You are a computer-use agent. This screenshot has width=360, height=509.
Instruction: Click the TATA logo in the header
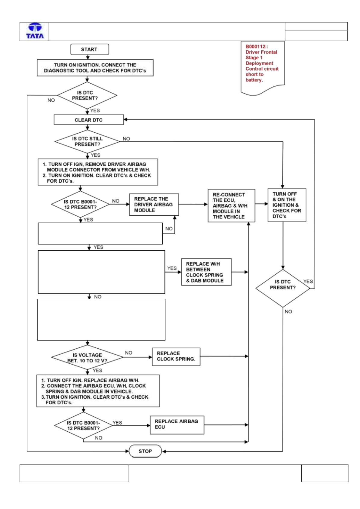[35, 31]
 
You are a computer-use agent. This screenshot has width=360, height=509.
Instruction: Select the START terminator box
[90, 49]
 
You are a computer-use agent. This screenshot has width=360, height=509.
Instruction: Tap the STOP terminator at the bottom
[145, 451]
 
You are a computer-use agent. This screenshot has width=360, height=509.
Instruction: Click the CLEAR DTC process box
[89, 120]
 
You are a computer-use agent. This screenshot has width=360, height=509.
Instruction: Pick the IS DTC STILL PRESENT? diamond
[87, 141]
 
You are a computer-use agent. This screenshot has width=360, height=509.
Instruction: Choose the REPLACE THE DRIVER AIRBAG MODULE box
[154, 205]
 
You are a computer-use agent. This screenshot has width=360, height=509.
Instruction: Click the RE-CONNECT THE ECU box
[231, 206]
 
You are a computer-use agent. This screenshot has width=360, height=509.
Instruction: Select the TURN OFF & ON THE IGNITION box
[287, 205]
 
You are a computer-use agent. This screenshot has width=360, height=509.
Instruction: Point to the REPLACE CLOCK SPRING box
[176, 356]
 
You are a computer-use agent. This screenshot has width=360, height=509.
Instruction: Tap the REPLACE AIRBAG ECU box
[177, 425]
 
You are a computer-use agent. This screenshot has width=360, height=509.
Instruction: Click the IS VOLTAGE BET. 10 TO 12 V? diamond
[87, 357]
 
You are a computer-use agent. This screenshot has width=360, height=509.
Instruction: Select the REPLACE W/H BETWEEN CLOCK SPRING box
[206, 272]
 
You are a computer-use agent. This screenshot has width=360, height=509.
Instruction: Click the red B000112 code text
[257, 47]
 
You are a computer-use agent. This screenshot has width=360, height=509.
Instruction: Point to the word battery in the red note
[254, 80]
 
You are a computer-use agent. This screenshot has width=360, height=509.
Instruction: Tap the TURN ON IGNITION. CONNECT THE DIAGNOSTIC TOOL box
[95, 68]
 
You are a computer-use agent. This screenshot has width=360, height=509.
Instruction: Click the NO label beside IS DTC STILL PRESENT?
[126, 139]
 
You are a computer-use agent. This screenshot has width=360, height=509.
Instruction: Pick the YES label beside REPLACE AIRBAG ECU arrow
[117, 423]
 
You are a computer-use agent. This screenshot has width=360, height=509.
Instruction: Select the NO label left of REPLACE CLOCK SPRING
[128, 353]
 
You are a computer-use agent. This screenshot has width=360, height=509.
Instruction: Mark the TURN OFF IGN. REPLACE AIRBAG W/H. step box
[98, 391]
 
